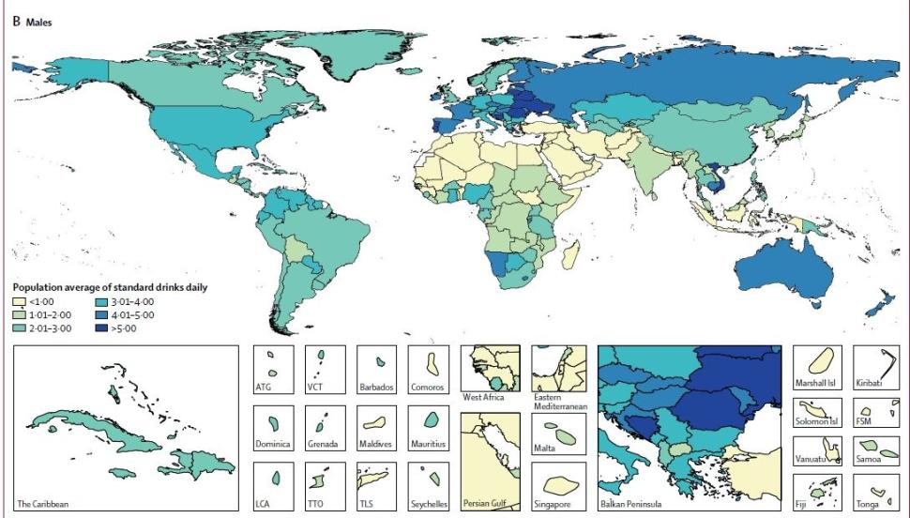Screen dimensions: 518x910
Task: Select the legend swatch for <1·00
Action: [18, 301]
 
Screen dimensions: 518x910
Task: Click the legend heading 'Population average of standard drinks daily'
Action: [108, 287]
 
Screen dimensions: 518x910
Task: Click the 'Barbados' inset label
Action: [378, 386]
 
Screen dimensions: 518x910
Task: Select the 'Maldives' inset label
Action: [378, 444]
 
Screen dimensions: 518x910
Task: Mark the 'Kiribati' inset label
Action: [872, 386]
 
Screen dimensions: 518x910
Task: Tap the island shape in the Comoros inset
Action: [432, 361]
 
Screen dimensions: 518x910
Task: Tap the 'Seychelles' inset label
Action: [431, 504]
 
